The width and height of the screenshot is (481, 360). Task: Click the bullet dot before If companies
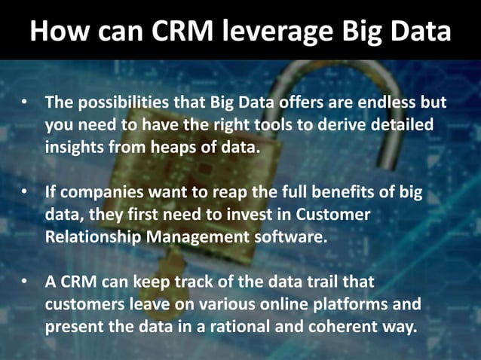[x=25, y=192]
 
